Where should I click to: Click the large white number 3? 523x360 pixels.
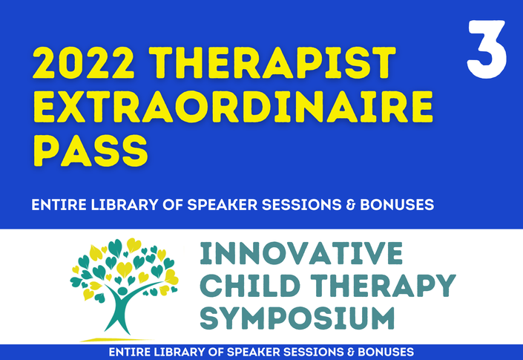(x=487, y=50)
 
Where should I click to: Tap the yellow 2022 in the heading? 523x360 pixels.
(x=84, y=63)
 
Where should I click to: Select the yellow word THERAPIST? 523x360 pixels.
(x=272, y=63)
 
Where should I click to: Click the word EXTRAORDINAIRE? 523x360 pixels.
(x=233, y=106)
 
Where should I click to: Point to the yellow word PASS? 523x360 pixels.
(x=91, y=151)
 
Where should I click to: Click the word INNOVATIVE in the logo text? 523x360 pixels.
(x=301, y=254)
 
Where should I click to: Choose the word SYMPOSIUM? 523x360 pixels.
(x=297, y=318)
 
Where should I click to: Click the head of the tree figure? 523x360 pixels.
(x=122, y=291)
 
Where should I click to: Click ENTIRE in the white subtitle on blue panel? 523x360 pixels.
(x=59, y=205)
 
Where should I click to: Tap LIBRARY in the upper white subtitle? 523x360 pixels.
(x=125, y=205)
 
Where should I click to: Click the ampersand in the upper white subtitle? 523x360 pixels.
(x=351, y=205)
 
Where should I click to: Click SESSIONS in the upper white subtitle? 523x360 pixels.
(x=301, y=205)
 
